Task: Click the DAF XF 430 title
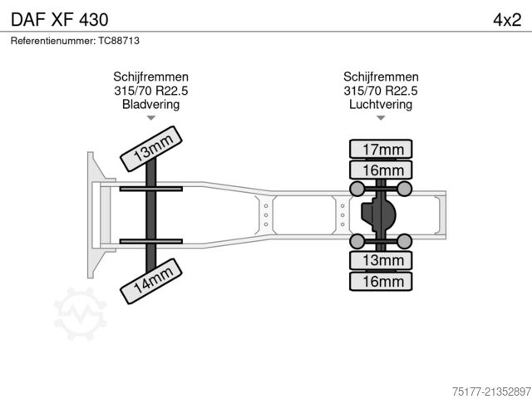coord(60,20)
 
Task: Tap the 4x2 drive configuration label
coord(507,20)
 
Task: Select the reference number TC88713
coord(119,41)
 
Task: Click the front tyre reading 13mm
coord(151,149)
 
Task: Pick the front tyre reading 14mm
coord(151,281)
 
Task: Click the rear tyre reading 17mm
coord(381,149)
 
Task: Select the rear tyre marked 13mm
coord(381,260)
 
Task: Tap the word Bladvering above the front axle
coord(151,104)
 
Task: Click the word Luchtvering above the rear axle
coord(381,104)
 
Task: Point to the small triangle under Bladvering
coord(151,118)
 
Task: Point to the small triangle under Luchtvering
coord(381,118)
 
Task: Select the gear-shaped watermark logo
coord(81,313)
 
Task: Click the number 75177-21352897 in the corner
coord(491,392)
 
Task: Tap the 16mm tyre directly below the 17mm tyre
coord(381,170)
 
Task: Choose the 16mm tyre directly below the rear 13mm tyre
coord(381,281)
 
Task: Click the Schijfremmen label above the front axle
coord(151,76)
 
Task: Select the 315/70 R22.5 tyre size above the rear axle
coord(381,91)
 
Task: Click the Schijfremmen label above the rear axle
coord(381,76)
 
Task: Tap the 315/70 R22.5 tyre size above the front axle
coord(151,91)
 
